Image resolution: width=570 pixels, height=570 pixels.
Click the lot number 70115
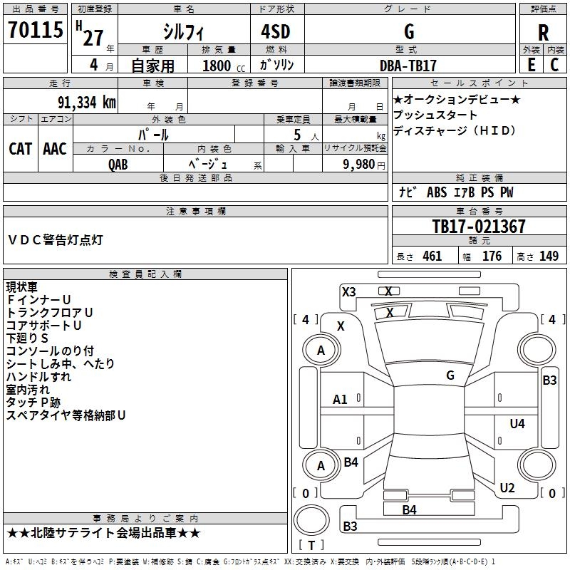tap(35, 31)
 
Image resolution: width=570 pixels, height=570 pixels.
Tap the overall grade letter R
tap(543, 32)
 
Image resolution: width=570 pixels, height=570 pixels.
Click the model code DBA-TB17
tap(409, 65)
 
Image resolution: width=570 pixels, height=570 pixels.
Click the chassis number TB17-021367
tap(479, 227)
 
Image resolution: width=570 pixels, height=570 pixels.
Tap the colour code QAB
tap(118, 164)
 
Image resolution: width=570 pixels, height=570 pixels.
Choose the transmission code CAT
tap(20, 148)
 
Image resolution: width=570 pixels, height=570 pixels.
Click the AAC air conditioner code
tap(55, 148)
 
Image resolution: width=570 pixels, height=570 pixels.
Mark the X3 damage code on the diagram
tap(348, 291)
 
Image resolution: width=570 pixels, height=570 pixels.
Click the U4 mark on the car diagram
tap(517, 424)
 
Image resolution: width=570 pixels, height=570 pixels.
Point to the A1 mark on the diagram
tap(341, 400)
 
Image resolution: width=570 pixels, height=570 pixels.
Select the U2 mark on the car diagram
tap(507, 488)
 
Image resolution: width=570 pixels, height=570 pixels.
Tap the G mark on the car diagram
tap(450, 375)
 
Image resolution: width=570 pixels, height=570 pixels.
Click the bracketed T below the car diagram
tap(311, 545)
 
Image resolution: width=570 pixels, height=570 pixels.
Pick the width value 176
tap(492, 256)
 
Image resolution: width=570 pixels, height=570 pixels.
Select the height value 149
tap(549, 256)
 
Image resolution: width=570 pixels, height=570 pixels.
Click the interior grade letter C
tap(555, 65)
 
